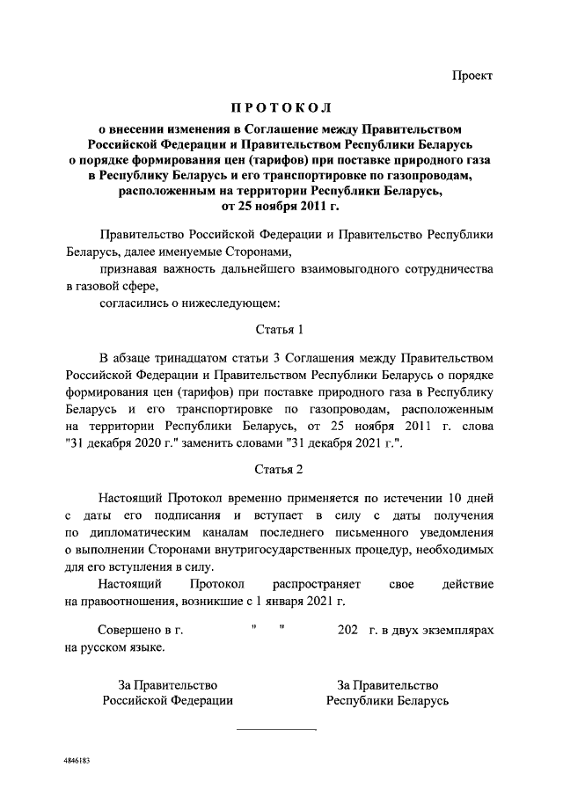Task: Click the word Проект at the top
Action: (x=473, y=77)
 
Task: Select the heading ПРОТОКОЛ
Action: (x=281, y=109)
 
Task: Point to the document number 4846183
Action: (x=77, y=758)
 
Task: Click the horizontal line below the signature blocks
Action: (x=275, y=729)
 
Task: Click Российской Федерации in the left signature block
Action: (x=167, y=701)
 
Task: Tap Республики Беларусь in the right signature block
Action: (x=388, y=701)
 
